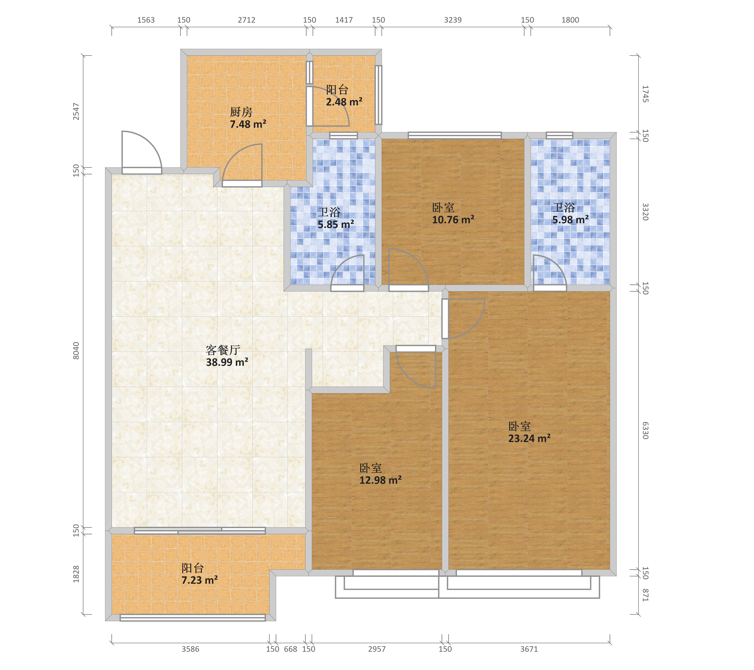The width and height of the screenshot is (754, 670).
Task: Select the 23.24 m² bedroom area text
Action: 529,439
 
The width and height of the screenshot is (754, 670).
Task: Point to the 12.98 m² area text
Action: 380,480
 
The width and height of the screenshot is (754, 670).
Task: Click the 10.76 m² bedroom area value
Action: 453,220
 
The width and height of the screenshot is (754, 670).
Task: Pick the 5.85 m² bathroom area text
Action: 336,224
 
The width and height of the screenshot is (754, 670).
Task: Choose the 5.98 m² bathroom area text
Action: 570,220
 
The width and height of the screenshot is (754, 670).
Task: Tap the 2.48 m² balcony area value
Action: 344,102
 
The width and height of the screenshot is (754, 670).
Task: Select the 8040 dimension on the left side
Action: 76,351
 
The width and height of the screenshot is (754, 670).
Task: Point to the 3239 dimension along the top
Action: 453,20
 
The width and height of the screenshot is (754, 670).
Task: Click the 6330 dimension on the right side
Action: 645,431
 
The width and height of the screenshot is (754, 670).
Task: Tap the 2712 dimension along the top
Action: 246,20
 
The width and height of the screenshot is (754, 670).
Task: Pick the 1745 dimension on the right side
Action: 645,94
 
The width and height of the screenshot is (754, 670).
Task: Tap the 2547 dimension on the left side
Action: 76,111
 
